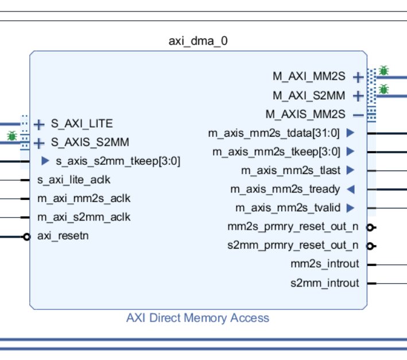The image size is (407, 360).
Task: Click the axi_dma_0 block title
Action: [198, 41]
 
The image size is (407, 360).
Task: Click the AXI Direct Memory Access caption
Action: [197, 318]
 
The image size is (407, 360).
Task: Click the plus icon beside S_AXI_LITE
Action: [39, 124]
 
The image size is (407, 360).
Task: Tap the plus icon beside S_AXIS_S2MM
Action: [39, 143]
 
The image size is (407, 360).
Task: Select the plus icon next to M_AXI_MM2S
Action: [358, 77]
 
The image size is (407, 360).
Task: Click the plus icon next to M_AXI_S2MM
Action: [358, 95]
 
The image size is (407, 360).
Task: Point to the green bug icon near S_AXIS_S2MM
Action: [11, 136]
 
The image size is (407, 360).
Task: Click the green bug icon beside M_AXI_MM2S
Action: [383, 71]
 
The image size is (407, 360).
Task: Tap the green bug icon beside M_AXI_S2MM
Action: [383, 90]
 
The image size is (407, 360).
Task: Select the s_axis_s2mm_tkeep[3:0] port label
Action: [118, 161]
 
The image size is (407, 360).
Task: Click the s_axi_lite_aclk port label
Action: [73, 180]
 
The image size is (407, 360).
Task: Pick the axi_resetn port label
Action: [63, 236]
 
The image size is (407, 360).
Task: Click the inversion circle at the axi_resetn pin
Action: [26, 237]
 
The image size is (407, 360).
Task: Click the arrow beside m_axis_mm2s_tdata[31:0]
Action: [350, 133]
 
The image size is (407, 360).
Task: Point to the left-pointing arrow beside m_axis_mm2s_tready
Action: [350, 189]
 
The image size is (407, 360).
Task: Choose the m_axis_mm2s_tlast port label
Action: [290, 171]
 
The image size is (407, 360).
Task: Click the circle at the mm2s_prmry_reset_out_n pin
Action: [371, 227]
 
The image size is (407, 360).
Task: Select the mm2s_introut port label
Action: [324, 264]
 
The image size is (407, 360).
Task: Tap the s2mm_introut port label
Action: [324, 283]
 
